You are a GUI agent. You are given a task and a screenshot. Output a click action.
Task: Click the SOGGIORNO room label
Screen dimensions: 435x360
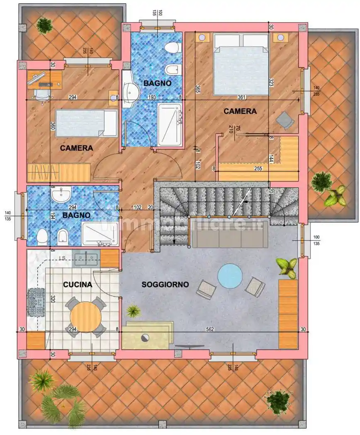pyautogui.click(x=165, y=285)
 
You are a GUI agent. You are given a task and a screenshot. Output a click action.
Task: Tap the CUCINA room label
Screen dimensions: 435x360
pyautogui.click(x=78, y=285)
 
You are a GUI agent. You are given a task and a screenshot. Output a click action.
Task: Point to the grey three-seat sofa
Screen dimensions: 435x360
pyautogui.click(x=229, y=237)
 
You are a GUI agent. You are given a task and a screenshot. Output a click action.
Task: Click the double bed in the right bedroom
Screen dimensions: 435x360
pyautogui.click(x=241, y=65)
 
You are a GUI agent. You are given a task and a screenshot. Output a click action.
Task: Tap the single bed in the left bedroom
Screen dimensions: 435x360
pyautogui.click(x=86, y=123)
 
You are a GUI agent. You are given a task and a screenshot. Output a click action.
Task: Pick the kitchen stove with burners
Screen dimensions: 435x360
pyautogui.click(x=36, y=301)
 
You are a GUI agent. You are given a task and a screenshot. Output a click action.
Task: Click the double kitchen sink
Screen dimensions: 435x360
pyautogui.click(x=86, y=259)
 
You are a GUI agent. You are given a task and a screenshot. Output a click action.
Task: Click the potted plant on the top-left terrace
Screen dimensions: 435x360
pyautogui.click(x=44, y=26)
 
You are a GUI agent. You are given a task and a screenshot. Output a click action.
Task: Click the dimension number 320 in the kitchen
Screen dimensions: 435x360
pyautogui.click(x=53, y=299)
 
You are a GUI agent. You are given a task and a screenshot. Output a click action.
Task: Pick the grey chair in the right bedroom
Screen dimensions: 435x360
pyautogui.click(x=285, y=120)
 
